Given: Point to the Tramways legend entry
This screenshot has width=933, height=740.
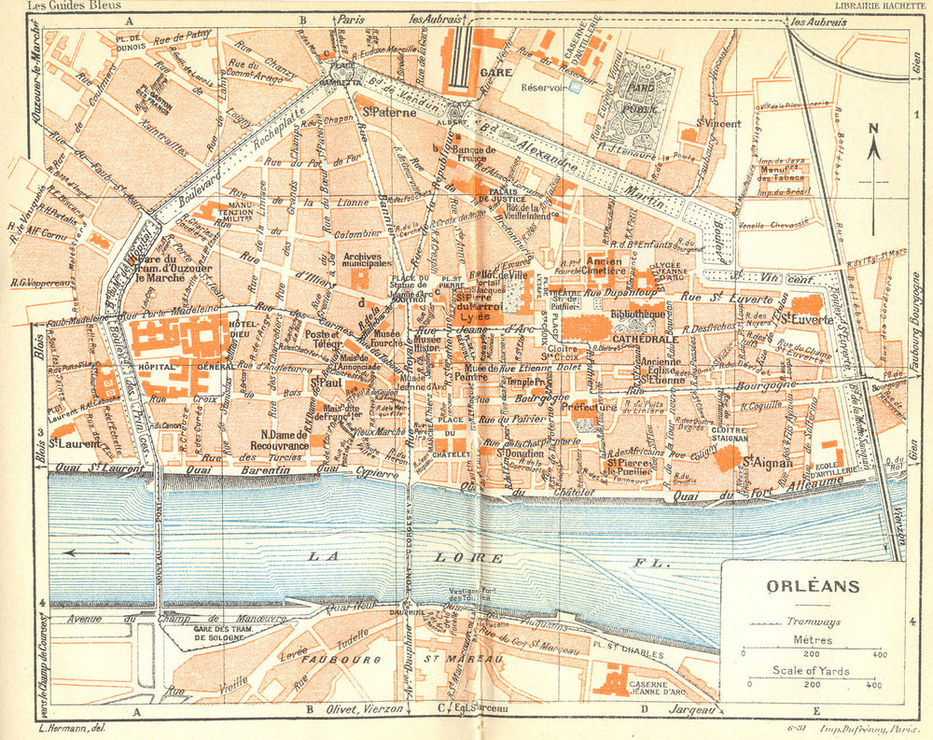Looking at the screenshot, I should pos(813,621).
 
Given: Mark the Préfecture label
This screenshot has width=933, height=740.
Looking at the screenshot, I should pos(590,408).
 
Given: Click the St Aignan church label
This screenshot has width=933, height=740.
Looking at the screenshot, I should pos(767,461).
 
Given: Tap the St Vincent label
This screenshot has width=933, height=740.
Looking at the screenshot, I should pos(718,123).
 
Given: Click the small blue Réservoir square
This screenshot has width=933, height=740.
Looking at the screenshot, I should pos(575,87).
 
